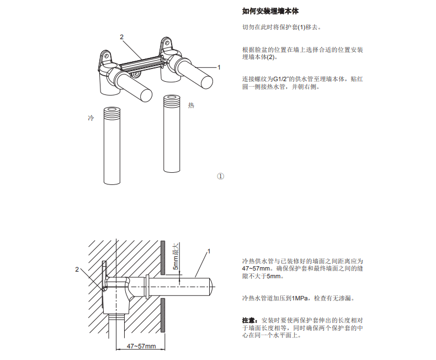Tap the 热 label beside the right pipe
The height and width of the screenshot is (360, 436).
click(x=191, y=105)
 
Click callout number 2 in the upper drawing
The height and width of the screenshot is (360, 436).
click(x=121, y=37)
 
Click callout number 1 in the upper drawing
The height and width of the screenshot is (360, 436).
click(x=219, y=67)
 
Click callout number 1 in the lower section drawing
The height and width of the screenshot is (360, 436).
click(x=209, y=251)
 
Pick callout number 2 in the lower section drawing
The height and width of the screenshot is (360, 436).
click(x=77, y=269)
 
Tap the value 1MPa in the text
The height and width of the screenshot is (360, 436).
click(x=301, y=298)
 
